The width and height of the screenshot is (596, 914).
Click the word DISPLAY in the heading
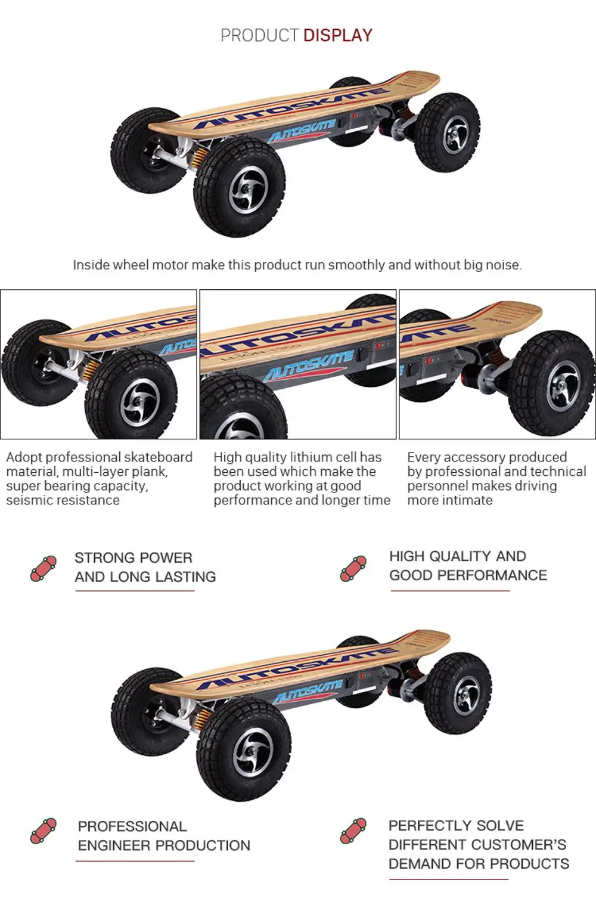(x=337, y=36)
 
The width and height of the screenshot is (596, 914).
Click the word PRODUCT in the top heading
(x=259, y=36)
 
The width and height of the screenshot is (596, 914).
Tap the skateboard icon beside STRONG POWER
(x=44, y=568)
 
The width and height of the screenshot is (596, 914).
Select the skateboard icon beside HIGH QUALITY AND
(x=353, y=568)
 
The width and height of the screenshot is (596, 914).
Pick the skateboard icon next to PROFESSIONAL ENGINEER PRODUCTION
(x=44, y=831)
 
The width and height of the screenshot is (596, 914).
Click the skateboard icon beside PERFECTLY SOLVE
(x=353, y=831)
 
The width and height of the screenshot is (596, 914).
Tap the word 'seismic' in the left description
(x=30, y=500)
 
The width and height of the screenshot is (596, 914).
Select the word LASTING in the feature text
(x=184, y=577)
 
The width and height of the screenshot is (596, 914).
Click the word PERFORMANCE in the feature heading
(x=492, y=575)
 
